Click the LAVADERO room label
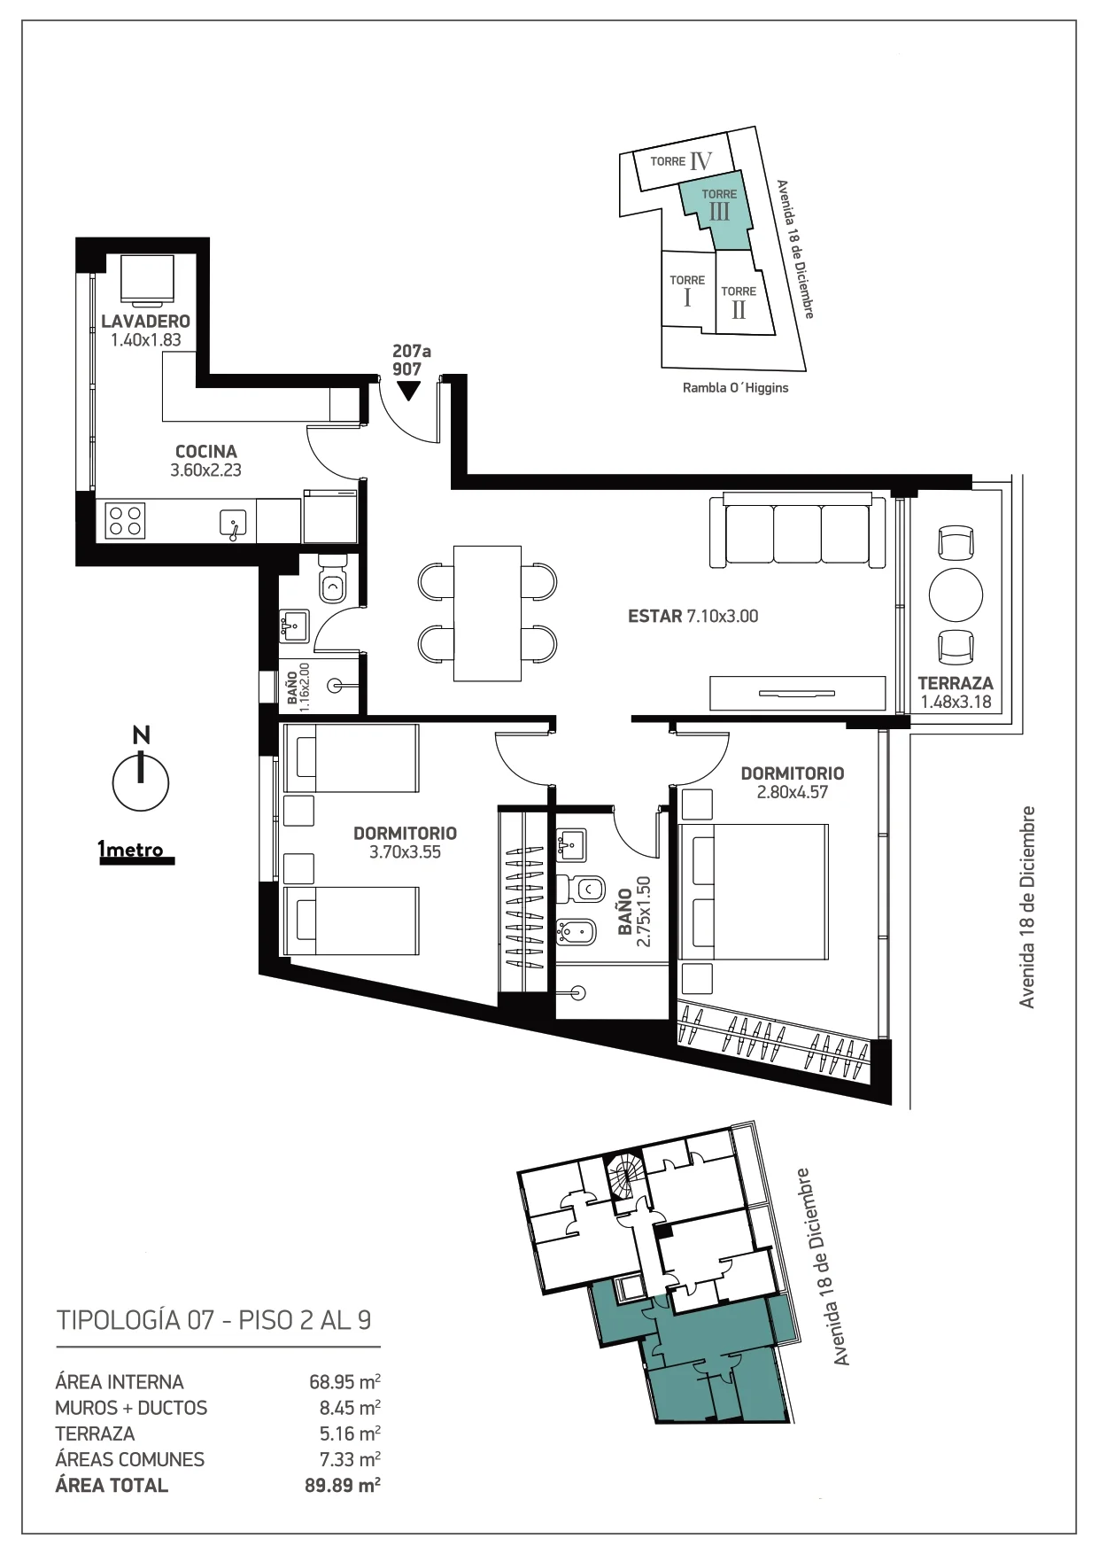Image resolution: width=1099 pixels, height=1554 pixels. click(x=145, y=321)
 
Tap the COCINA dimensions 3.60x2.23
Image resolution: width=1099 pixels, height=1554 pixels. click(x=205, y=470)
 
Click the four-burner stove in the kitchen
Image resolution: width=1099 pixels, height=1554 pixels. click(x=125, y=520)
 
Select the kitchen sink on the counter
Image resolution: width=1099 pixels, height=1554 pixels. click(x=233, y=524)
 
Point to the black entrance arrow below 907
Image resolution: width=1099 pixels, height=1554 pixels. click(x=407, y=390)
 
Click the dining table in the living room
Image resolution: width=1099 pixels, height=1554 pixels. click(x=487, y=613)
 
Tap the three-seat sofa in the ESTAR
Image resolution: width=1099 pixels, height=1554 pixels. click(x=797, y=530)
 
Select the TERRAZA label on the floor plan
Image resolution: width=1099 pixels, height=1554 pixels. click(x=955, y=683)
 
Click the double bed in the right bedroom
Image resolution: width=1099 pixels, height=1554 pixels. click(x=753, y=892)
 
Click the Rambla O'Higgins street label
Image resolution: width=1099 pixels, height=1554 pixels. click(x=735, y=388)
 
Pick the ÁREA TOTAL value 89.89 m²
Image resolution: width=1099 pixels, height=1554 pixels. click(x=343, y=1485)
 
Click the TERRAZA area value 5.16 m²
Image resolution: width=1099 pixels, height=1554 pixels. click(x=350, y=1434)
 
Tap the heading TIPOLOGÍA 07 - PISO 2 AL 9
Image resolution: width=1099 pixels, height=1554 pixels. click(x=214, y=1320)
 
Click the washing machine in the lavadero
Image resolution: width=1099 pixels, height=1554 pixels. click(x=146, y=279)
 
